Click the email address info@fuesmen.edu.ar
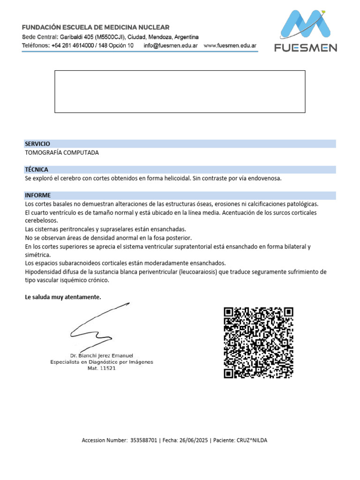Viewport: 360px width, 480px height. [170, 45]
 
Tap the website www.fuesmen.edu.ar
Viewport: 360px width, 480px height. [230, 45]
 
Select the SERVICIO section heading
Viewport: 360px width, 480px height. [37, 144]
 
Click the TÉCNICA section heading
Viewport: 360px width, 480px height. [37, 170]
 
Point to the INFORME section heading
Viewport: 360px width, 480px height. [38, 195]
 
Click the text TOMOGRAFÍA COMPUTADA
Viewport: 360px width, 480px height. [62, 153]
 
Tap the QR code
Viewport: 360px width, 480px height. [259, 342]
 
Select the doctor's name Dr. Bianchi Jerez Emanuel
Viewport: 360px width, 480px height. [102, 356]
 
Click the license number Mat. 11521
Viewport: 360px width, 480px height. [102, 368]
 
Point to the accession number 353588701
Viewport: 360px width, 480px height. [143, 440]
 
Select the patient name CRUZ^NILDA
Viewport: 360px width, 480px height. [252, 440]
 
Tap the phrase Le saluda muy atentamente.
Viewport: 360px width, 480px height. [63, 297]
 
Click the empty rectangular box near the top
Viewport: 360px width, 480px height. [180, 92]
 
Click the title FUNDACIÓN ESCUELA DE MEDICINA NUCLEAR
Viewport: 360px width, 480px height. [96, 28]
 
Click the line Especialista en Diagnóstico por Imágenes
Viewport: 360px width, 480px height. [102, 362]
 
